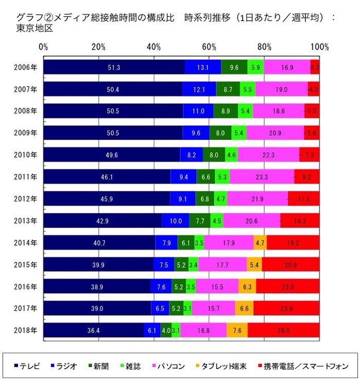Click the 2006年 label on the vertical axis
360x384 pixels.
26,67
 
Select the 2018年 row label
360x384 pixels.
26,330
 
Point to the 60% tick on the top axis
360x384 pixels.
209,47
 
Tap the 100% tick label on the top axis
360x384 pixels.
319,47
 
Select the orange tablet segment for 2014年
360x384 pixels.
260,242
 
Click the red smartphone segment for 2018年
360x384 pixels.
283,330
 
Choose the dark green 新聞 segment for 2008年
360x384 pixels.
226,111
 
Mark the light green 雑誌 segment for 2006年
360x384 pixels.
256,67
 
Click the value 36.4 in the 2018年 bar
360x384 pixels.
94,330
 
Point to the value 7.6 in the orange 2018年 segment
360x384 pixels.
237,330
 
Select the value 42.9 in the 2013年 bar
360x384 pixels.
102,221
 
